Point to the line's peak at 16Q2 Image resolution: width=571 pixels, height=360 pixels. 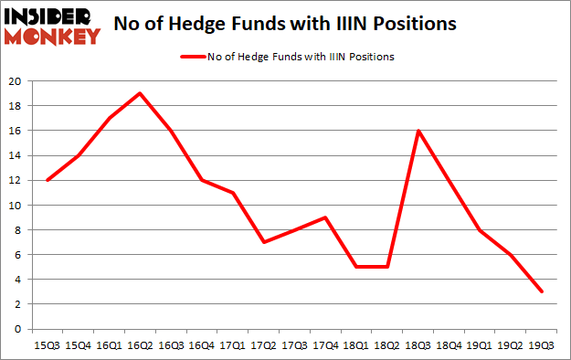click(x=139, y=93)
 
